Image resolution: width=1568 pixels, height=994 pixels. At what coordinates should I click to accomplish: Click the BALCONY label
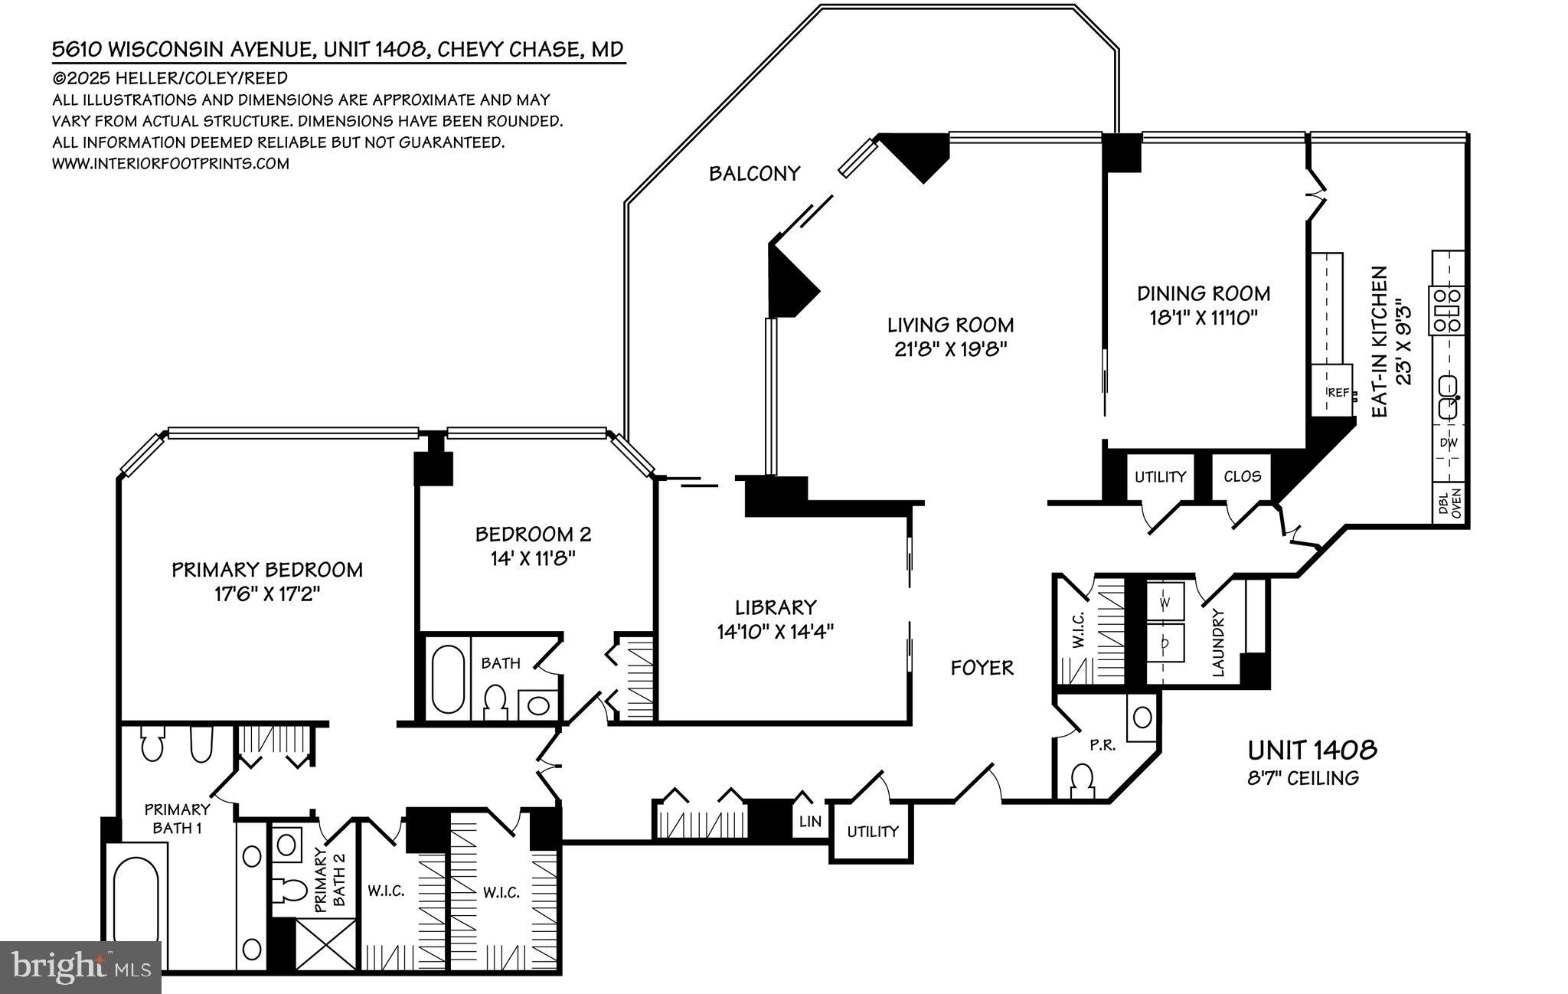click(x=754, y=174)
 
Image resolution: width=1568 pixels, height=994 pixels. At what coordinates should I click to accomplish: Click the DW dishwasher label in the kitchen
click(x=1448, y=443)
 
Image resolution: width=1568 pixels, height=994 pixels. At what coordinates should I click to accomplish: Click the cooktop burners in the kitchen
click(x=1447, y=310)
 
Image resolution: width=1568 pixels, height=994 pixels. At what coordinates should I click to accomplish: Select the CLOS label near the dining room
click(x=1242, y=476)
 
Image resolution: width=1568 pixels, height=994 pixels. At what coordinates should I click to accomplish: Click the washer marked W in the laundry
click(x=1165, y=603)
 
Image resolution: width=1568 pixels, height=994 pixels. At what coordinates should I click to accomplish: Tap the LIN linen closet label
click(x=810, y=822)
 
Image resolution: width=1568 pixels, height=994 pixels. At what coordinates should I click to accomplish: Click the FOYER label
click(x=982, y=668)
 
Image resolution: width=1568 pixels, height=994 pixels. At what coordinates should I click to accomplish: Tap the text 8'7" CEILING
click(x=1303, y=778)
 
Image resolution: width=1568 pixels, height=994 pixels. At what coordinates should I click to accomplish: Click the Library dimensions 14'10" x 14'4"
click(x=775, y=632)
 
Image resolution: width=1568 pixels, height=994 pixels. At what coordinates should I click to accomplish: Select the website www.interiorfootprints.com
click(x=171, y=163)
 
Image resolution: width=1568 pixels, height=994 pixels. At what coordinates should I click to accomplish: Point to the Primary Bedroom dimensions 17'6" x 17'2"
click(x=266, y=593)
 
